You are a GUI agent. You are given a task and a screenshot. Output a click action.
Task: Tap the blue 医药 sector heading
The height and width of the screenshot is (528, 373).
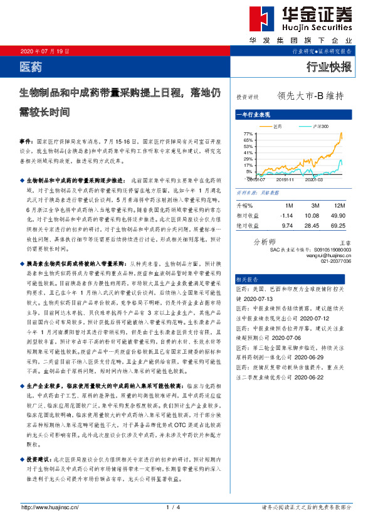pos(29,65)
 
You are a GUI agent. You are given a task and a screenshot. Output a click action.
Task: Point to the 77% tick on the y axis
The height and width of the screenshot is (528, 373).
pos(248,134)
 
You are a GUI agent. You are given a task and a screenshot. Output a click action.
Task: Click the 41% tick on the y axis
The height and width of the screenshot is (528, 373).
pos(248,153)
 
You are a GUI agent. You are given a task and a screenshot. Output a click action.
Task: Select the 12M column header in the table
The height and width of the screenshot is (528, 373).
pos(340,205)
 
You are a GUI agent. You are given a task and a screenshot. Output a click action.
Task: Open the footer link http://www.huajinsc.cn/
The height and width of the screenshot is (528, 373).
pos(50,507)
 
